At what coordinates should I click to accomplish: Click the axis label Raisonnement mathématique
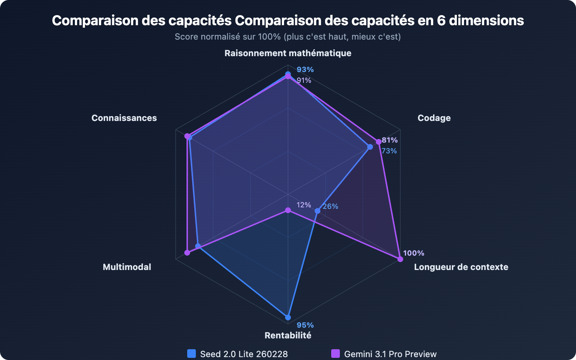pos(288,53)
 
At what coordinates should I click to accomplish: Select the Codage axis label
pos(434,118)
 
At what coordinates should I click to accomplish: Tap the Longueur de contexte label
pos(461,267)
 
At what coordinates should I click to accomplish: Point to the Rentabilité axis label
pos(288,336)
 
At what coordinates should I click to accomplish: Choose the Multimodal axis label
pos(127,267)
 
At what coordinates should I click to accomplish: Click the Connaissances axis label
pos(124,118)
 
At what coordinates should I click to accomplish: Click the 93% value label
pos(305,69)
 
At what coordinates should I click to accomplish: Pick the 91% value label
pos(304,80)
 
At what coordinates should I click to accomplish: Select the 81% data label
pos(390,140)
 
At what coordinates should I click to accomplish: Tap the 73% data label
pos(389,151)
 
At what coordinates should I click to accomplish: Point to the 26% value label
pos(330,206)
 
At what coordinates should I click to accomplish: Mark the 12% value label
pos(303,205)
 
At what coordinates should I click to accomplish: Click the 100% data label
pos(413,253)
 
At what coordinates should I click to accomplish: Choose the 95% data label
pos(305,325)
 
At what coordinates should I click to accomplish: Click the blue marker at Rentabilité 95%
pos(288,318)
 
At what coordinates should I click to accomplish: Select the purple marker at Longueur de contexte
pos(400,259)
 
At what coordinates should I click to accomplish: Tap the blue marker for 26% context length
pos(317,211)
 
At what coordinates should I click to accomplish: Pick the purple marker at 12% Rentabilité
pos(288,210)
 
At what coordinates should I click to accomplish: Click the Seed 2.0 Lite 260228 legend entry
pos(238,354)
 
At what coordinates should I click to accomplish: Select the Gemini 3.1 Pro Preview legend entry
pos(384,354)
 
